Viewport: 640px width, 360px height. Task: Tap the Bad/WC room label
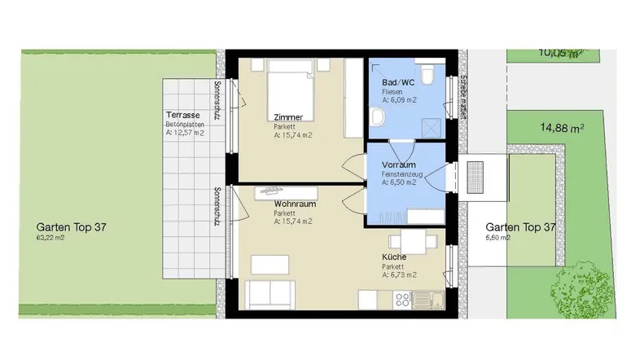398,83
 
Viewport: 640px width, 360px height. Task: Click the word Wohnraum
294,203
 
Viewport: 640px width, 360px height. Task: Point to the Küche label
394,257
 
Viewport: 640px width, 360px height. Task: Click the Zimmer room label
289,117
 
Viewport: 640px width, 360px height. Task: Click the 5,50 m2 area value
498,238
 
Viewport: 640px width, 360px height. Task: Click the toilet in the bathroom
429,80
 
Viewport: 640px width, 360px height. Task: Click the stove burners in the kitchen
401,300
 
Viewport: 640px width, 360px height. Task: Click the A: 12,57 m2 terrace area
185,132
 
